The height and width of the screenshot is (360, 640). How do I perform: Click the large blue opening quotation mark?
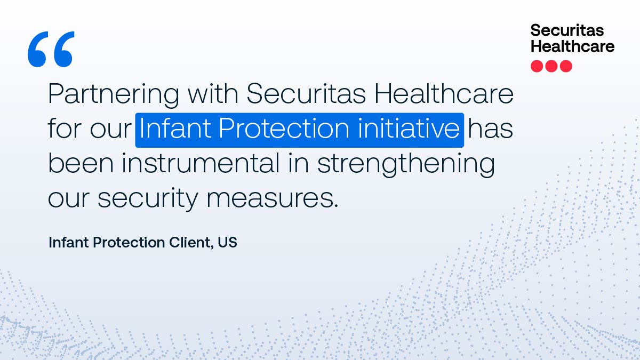coord(51,49)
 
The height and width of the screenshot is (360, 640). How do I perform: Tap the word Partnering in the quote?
coord(113,95)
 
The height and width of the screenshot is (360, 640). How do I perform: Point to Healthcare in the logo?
coord(572,46)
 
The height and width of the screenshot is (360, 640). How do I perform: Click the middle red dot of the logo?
coord(551,66)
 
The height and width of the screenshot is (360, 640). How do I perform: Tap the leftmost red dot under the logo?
coord(537,66)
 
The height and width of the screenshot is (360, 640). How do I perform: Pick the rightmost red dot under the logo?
coord(566,66)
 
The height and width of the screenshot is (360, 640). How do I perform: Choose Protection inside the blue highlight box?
coord(281,130)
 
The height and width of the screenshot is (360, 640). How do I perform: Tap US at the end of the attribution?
coord(227,242)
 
